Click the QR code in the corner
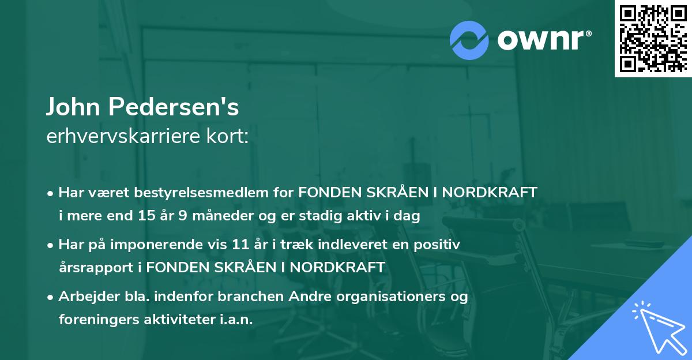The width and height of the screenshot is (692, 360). point(653,38)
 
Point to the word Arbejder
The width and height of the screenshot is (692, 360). point(83,297)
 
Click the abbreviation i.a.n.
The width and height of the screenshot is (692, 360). point(239,320)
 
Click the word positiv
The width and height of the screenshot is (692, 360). point(441,245)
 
